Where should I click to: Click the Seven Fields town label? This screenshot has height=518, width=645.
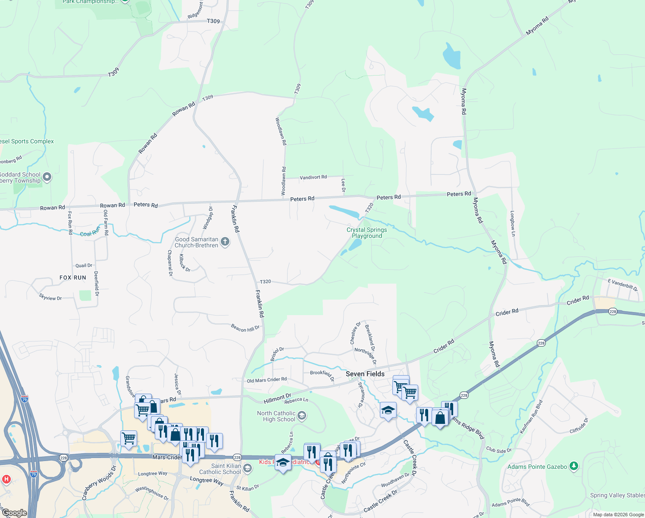point(365,374)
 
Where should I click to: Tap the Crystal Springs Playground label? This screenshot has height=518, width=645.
point(367,233)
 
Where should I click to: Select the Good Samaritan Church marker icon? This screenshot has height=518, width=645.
point(225,242)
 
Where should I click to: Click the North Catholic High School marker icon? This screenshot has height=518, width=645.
point(302,416)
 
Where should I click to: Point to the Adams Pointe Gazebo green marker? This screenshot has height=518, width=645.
point(573,466)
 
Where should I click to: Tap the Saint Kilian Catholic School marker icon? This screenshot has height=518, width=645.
point(247,468)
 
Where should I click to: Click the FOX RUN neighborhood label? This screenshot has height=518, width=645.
point(73,278)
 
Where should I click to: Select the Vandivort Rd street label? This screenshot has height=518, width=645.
point(313,177)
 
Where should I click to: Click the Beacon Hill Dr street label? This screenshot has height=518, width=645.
point(245,328)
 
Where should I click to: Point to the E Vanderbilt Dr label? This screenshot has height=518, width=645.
point(623,285)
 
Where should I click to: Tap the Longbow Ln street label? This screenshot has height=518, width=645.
point(513,223)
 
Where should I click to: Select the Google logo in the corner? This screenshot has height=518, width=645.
point(15,513)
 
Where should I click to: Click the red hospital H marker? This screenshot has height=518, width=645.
point(6,479)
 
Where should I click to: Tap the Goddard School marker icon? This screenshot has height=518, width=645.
point(47,177)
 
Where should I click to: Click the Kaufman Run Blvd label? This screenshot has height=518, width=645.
point(531,417)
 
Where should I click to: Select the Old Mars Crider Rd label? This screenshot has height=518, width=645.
point(266,380)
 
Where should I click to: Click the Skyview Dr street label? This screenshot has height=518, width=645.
point(50,298)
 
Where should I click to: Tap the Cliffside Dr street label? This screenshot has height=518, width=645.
point(579,426)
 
